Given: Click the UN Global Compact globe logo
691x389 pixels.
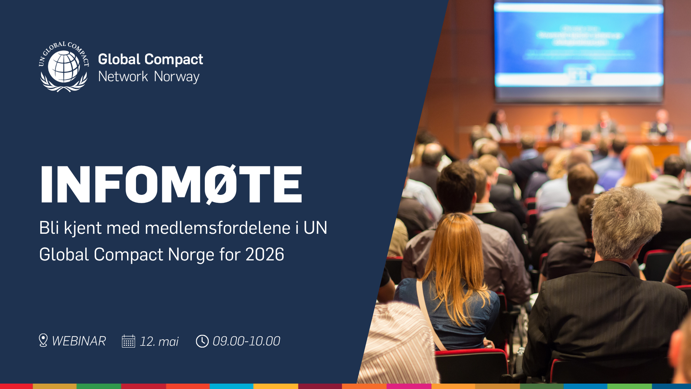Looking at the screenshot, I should click(x=64, y=67).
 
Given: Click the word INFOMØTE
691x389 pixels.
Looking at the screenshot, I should click(x=171, y=184).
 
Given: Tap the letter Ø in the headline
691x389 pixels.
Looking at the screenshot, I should click(x=221, y=184).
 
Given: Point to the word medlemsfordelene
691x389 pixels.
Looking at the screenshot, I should click(x=217, y=228).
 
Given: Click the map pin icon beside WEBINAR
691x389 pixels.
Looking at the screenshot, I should click(x=43, y=340).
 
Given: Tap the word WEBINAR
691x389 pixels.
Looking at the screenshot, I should click(x=79, y=341).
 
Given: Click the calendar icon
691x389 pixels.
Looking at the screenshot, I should click(x=128, y=341).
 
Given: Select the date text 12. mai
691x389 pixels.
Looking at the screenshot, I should click(x=159, y=341).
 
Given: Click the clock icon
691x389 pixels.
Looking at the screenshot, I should click(x=202, y=341).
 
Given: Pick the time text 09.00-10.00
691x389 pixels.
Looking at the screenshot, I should click(x=246, y=341).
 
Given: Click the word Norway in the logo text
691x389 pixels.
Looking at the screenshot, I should click(x=176, y=77).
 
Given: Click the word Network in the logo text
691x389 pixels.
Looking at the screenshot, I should click(x=123, y=77).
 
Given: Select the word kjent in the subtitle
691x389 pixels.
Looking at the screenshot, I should click(x=82, y=228).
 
